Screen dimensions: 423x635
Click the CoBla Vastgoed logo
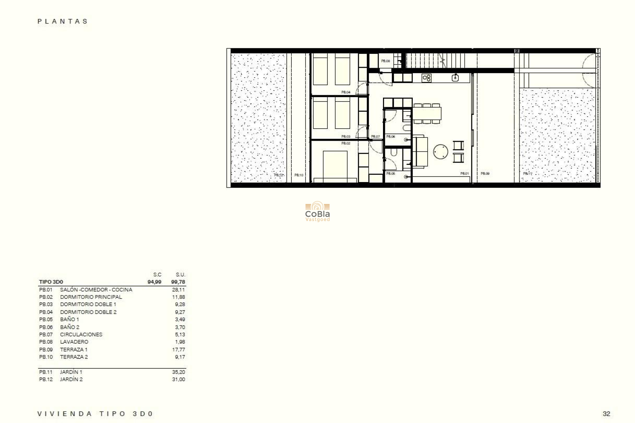(317, 211)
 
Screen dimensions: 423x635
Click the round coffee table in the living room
(441, 152)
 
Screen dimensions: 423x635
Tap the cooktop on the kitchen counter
(426, 78)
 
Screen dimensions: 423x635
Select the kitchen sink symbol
(455, 78)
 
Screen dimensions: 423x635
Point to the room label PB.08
(385, 61)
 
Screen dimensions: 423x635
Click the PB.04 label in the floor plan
(346, 92)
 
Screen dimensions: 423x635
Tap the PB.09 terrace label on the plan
(485, 173)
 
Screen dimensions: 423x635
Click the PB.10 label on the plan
(299, 175)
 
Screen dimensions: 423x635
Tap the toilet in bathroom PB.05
(394, 152)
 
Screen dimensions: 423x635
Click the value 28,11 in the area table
(178, 290)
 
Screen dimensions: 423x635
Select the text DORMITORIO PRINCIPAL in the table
(91, 297)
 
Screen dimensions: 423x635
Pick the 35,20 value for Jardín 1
(178, 372)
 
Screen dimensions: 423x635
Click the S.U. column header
(180, 275)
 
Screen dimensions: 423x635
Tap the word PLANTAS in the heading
(63, 21)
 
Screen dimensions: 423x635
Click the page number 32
(606, 414)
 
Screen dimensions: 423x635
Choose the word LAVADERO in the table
(74, 342)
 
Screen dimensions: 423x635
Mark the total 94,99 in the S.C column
(154, 282)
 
